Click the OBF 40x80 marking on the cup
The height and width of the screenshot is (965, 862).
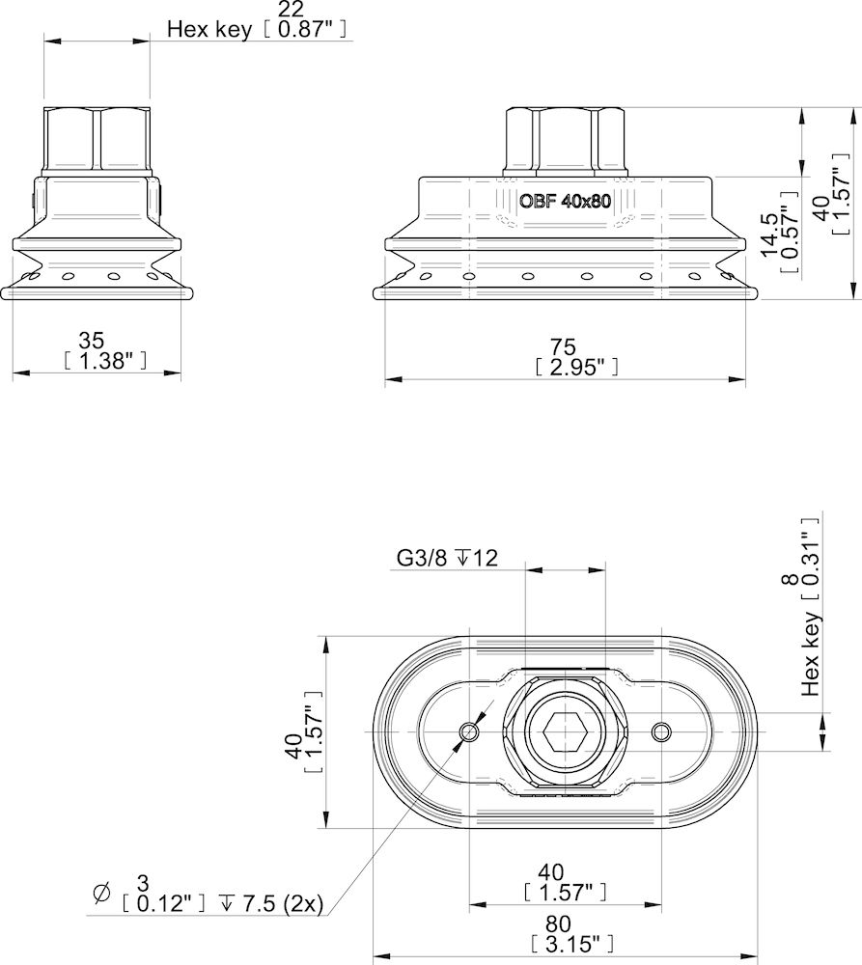pyautogui.click(x=564, y=203)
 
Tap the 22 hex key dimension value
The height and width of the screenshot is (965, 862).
pyautogui.click(x=289, y=9)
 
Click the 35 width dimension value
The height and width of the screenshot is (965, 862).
pyautogui.click(x=92, y=342)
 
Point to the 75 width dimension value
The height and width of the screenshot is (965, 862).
pyautogui.click(x=563, y=346)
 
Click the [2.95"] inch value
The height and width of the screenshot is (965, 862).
pyautogui.click(x=575, y=366)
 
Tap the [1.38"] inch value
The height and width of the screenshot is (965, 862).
pyautogui.click(x=104, y=361)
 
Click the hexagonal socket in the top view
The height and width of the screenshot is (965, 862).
pyautogui.click(x=564, y=732)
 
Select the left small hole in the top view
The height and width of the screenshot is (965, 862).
pyautogui.click(x=470, y=732)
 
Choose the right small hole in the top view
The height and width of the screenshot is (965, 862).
pyautogui.click(x=660, y=732)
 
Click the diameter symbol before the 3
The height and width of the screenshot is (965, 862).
pyautogui.click(x=101, y=895)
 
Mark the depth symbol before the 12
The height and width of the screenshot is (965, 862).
pyautogui.click(x=462, y=558)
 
